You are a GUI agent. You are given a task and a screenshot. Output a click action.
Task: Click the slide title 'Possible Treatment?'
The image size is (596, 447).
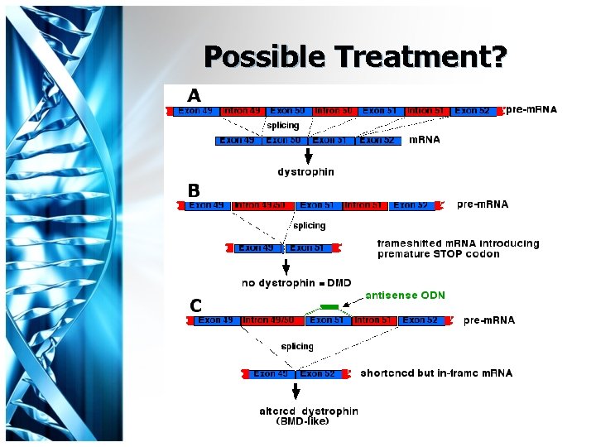pos(355,56)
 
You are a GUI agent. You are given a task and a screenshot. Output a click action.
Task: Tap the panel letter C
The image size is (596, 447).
pos(195,305)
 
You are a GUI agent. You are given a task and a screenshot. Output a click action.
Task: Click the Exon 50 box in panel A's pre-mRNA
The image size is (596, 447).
pos(287,110)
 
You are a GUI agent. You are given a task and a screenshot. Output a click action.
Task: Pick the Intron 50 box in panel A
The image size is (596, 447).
pos(334,110)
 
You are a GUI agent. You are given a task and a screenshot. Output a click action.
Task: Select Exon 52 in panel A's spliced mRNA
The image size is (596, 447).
pos(381,140)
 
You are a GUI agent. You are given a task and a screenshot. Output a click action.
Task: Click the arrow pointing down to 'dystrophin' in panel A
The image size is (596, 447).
pos(309,156)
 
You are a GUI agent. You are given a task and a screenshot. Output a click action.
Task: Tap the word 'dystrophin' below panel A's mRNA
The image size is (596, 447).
pos(305,172)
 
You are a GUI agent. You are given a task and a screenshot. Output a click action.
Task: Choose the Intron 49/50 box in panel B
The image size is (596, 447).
pos(260,204)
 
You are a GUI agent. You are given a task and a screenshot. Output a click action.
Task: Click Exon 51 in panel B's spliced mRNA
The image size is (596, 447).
pos(306,248)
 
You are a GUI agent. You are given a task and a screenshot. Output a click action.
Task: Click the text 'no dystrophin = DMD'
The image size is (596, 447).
pos(296,283)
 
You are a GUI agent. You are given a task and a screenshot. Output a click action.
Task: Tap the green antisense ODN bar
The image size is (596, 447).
pos(329,306)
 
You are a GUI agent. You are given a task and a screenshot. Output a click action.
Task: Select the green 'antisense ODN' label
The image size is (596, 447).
pos(405,296)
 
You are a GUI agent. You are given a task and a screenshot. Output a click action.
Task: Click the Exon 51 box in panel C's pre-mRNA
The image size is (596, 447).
pos(327,320)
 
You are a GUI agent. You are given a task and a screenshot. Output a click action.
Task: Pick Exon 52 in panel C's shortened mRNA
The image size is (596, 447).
pos(317,373)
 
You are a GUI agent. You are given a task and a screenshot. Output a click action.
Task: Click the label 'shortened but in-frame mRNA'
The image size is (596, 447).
pos(436,373)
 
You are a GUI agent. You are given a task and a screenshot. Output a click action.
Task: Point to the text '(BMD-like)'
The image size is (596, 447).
pos(303,421)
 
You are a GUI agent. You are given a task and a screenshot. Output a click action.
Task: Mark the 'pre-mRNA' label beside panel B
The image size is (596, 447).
pos(483,204)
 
